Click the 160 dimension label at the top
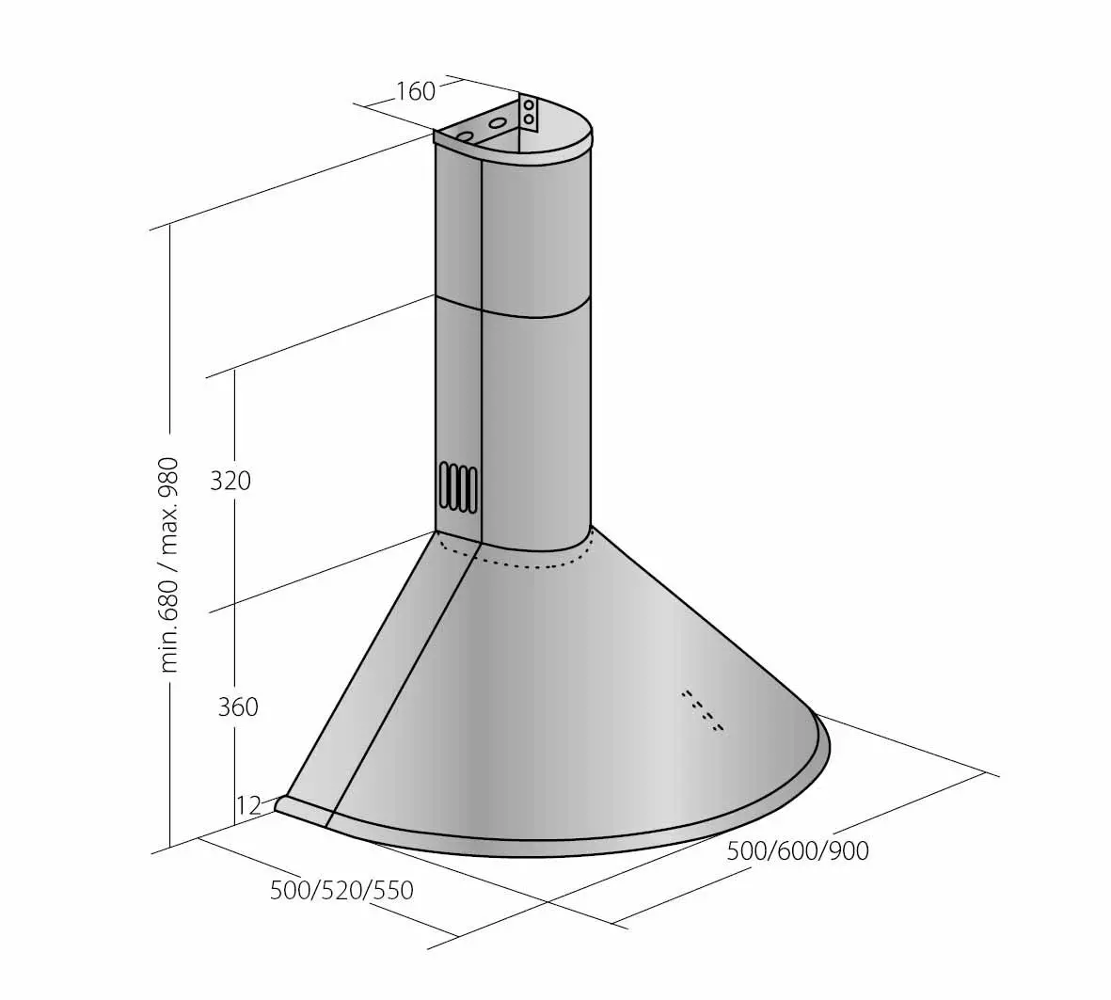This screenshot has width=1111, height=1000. (x=415, y=91)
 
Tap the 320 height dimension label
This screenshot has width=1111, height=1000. (x=230, y=481)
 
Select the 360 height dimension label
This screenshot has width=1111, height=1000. (x=238, y=706)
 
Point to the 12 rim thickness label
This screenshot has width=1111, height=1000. (x=248, y=805)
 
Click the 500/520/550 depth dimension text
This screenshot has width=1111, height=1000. (x=341, y=890)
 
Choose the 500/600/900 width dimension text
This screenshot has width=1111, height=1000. (x=798, y=850)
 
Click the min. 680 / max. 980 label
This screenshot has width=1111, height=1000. (x=169, y=564)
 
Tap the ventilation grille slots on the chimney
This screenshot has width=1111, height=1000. (x=457, y=487)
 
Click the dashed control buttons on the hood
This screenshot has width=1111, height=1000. (x=703, y=710)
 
